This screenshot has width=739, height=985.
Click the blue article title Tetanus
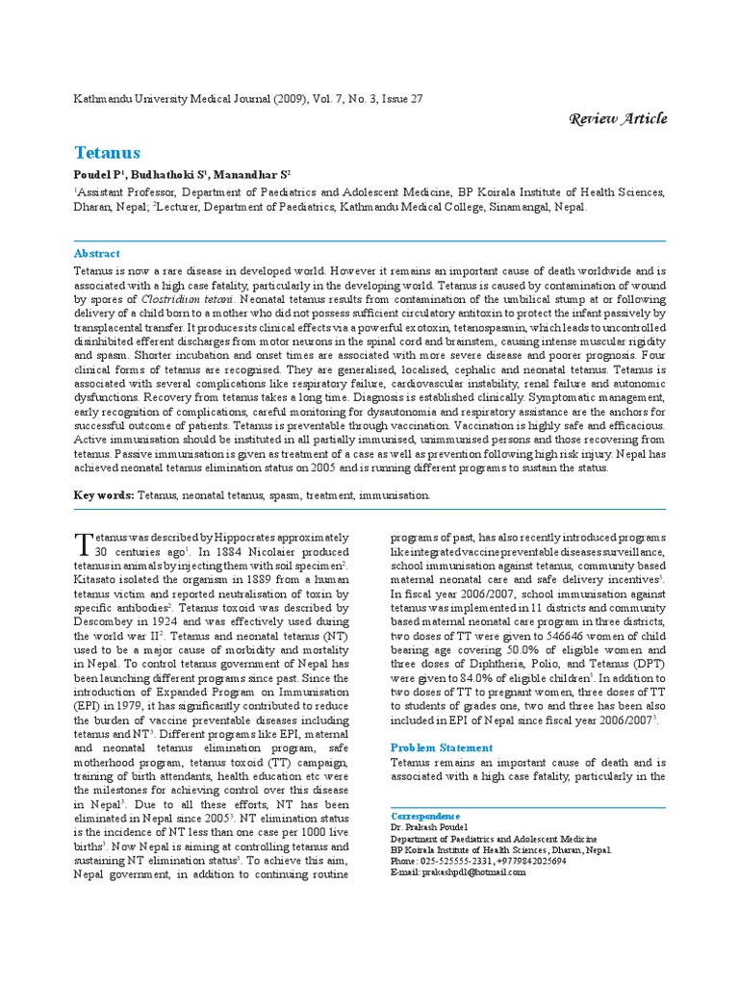(107, 153)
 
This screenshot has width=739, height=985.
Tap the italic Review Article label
(618, 118)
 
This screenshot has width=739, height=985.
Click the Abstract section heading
(97, 254)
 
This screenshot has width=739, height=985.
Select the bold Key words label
(104, 494)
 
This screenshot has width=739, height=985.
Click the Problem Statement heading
(441, 747)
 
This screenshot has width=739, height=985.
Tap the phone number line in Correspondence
(478, 862)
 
